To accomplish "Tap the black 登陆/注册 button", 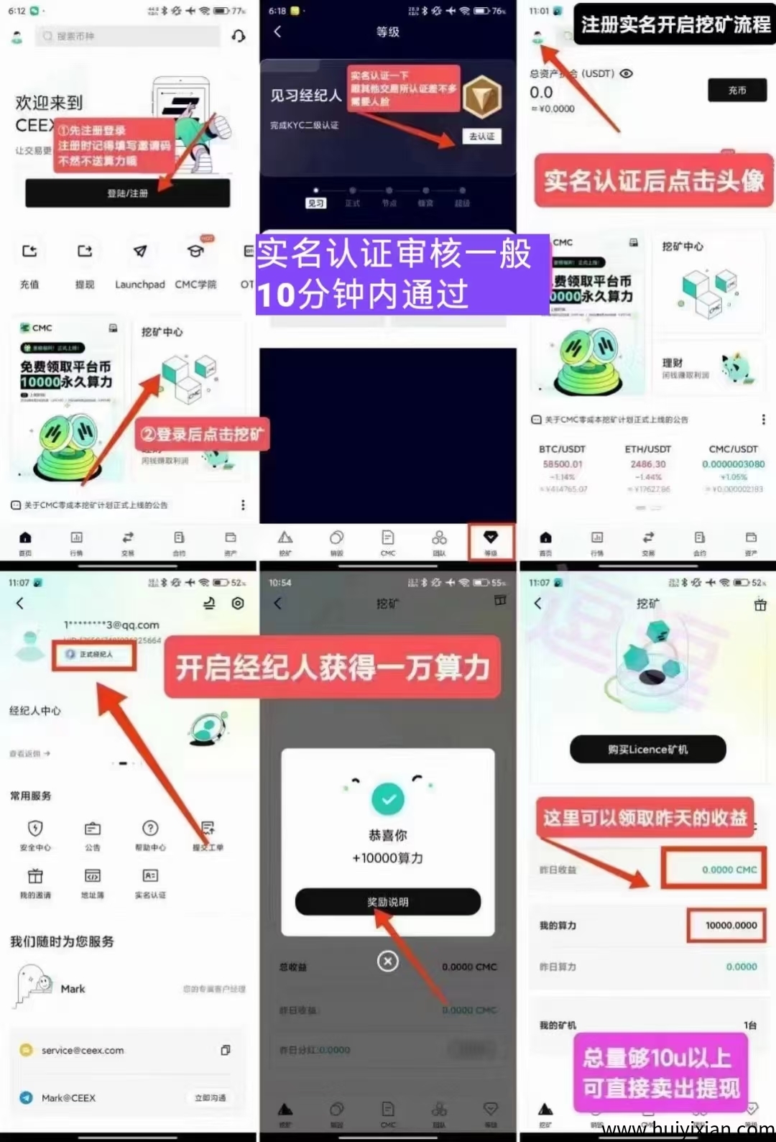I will (128, 193).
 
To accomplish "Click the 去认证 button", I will (481, 137).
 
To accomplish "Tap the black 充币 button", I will (737, 91).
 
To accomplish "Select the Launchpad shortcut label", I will (140, 285).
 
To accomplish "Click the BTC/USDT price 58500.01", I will (563, 464).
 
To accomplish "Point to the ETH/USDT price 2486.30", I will (648, 464).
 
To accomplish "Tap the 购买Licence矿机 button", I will (647, 750).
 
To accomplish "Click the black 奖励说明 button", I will (388, 902).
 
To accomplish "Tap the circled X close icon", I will (388, 961).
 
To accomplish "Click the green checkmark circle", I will (388, 799).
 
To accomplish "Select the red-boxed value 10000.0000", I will (731, 926).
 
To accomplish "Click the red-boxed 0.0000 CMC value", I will (729, 870).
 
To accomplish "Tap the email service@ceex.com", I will (83, 1051).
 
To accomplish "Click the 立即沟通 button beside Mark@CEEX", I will (211, 1098).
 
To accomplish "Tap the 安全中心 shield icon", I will (35, 829).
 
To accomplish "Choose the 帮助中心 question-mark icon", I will (150, 829).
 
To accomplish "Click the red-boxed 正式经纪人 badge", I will (94, 655).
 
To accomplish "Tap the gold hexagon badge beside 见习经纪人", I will (481, 97).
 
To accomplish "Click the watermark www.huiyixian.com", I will (688, 1130).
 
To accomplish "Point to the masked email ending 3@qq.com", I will (112, 625).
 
